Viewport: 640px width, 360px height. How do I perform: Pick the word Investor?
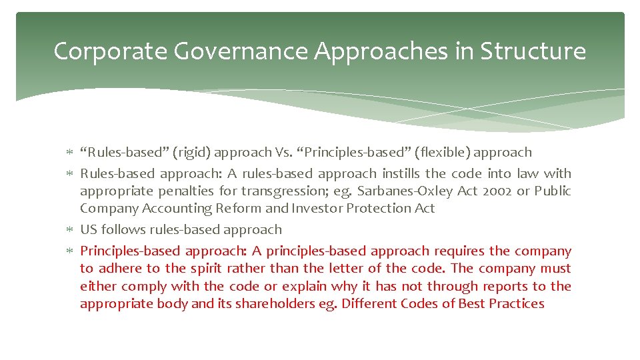(x=333, y=209)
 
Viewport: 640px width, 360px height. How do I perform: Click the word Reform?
(x=239, y=209)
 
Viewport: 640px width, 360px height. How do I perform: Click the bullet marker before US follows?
(x=70, y=230)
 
